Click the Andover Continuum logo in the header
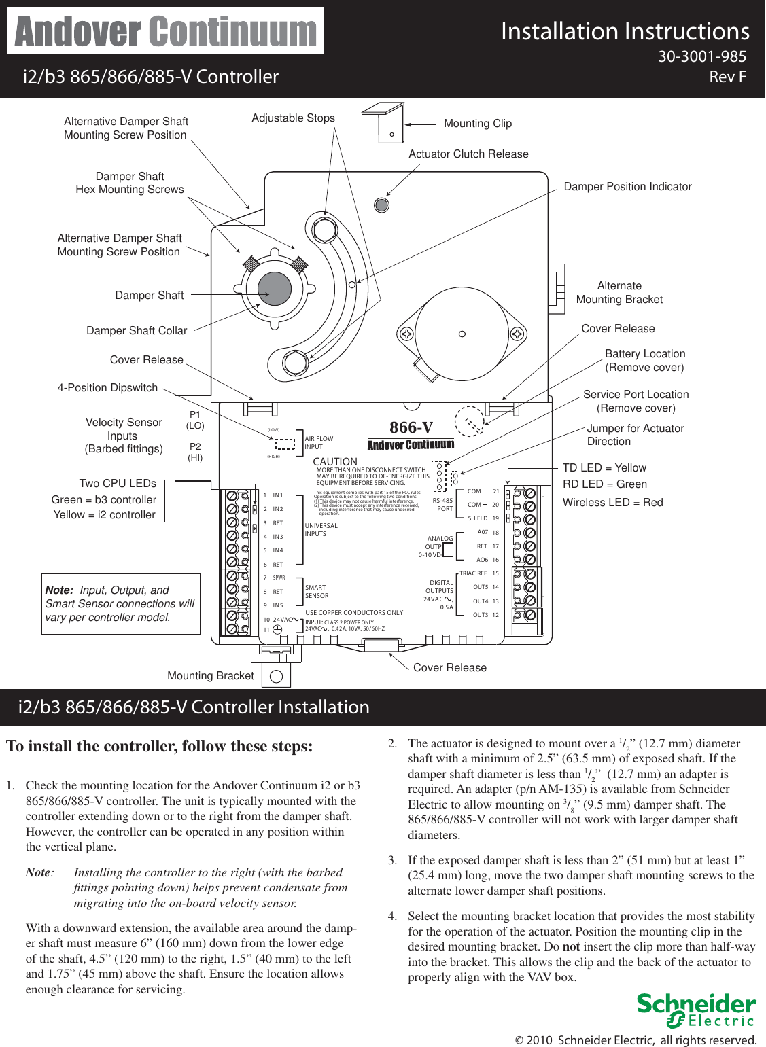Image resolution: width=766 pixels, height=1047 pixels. (165, 31)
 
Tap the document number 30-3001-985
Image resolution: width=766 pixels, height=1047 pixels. (701, 57)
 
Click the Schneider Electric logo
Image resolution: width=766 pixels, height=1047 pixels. (696, 1010)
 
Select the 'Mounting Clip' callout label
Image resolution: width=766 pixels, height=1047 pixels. (477, 124)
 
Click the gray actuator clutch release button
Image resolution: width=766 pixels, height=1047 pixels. (382, 205)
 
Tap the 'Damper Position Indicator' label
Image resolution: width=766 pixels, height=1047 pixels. (627, 187)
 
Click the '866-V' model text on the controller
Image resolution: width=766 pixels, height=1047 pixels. (411, 427)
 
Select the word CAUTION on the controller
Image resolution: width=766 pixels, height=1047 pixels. (335, 462)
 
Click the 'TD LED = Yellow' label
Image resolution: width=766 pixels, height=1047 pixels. (604, 468)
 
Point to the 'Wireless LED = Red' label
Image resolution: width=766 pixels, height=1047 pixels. (612, 503)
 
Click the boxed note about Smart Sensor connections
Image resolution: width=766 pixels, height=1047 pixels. (120, 604)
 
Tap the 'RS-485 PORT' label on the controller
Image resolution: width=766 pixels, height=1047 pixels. (443, 505)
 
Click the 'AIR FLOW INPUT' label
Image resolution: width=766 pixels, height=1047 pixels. (319, 443)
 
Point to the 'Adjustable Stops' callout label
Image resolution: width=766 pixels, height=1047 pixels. (293, 118)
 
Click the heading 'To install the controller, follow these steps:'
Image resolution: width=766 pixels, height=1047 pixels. (160, 747)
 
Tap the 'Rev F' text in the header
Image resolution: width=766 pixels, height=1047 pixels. (727, 77)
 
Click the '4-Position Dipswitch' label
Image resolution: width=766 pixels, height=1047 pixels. (107, 388)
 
